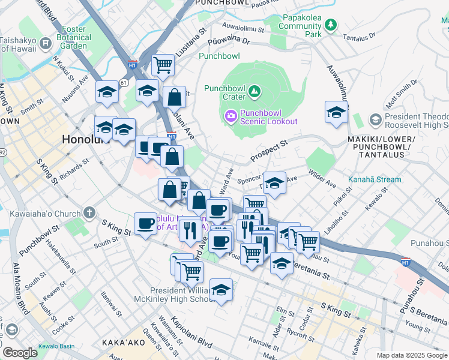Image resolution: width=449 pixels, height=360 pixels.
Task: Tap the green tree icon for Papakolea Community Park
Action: (330, 25)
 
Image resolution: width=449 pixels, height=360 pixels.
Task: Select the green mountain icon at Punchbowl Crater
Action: (255, 92)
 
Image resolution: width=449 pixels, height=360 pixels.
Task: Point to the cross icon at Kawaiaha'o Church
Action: (89, 212)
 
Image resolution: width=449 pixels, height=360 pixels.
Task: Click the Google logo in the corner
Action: (20, 352)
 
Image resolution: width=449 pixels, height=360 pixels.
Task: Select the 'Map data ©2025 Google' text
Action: (412, 355)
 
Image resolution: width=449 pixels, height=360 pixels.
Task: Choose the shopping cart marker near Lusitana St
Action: (163, 64)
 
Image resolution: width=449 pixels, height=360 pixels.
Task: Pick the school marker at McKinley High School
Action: (221, 290)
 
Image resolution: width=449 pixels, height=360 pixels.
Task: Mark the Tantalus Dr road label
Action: (359, 37)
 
